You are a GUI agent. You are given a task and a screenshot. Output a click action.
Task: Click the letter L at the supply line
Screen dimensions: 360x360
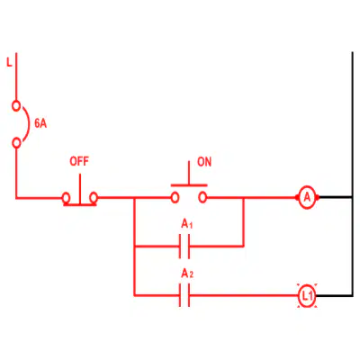point(10,63)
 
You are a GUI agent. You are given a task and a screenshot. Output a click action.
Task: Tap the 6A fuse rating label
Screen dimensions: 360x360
point(40,123)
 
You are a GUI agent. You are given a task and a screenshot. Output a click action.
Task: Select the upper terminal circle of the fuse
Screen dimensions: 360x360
point(16,106)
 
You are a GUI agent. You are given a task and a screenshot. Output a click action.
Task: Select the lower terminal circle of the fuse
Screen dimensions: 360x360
point(17,143)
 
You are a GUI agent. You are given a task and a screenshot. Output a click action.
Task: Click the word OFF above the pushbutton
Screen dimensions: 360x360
point(79,161)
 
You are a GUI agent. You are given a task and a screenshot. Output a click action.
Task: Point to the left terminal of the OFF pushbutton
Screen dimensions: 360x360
point(66,198)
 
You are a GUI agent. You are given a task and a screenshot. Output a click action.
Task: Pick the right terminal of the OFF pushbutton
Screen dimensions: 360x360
point(94,198)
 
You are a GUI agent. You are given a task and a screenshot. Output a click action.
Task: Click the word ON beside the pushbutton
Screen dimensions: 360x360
point(204,162)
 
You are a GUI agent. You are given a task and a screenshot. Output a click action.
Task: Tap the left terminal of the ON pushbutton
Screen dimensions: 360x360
point(175,198)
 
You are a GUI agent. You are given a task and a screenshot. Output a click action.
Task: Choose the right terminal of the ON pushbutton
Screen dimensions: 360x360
point(202,198)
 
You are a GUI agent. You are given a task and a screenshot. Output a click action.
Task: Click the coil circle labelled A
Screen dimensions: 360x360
point(307,197)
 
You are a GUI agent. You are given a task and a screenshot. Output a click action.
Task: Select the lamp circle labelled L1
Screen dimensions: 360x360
point(307,296)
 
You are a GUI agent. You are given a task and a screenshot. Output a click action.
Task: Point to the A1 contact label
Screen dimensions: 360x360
point(186,224)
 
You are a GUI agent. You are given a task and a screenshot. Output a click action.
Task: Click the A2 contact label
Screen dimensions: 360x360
point(187,274)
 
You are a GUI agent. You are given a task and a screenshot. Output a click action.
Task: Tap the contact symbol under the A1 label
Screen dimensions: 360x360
point(184,247)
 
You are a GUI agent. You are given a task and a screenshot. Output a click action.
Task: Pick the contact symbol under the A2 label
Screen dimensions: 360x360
point(184,295)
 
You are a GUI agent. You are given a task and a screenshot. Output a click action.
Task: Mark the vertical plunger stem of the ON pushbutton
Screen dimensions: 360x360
point(189,173)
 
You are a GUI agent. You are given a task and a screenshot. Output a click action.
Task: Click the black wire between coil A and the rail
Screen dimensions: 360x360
point(334,197)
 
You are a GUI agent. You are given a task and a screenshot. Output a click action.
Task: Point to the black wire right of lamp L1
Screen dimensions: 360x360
point(335,296)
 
